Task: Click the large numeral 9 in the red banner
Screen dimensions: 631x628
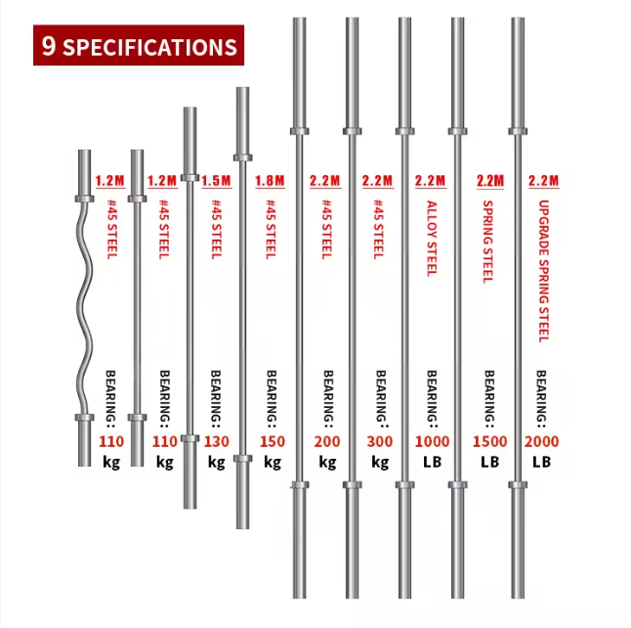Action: [x=48, y=46]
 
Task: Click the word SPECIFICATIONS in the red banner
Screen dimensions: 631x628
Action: [x=149, y=47]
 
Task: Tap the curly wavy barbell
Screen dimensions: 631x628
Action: [x=85, y=308]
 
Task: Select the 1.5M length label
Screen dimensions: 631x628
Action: [x=217, y=181]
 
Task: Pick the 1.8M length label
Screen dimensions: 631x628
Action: [x=270, y=181]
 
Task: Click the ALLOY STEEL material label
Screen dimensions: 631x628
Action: [x=432, y=239]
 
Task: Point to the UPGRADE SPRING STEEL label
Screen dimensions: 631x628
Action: [x=544, y=271]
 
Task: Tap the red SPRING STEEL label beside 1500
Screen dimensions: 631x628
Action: [x=487, y=242]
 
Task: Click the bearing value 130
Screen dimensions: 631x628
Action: [x=217, y=442]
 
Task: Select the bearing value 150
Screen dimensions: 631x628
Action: [x=273, y=442]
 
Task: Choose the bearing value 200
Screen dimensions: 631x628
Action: [x=327, y=442]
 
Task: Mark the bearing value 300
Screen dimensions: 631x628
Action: [x=380, y=442]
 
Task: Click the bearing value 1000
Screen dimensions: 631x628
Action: [x=432, y=442]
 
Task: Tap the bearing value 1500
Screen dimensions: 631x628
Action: [x=489, y=442]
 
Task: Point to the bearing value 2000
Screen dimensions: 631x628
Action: [x=542, y=442]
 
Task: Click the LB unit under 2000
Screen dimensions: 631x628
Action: [x=542, y=462]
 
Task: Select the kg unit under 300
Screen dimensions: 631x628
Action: [x=380, y=463]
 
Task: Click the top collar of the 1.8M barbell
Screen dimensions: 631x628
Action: [x=242, y=157]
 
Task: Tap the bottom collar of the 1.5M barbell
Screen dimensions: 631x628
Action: [x=189, y=438]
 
